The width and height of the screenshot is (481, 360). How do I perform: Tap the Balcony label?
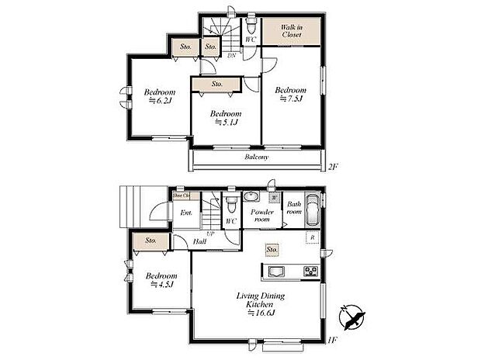coord(257,157)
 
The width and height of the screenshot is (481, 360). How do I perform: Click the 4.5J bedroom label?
coord(161,279)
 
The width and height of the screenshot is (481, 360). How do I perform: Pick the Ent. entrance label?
coord(186,213)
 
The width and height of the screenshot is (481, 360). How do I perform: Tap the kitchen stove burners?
coord(310,271)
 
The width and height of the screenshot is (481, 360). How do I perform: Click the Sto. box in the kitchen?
coord(272,250)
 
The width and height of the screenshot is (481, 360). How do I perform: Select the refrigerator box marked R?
coord(312,237)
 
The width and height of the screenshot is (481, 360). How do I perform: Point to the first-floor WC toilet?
coord(231,204)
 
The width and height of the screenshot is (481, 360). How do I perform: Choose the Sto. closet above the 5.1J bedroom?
coord(216,83)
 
